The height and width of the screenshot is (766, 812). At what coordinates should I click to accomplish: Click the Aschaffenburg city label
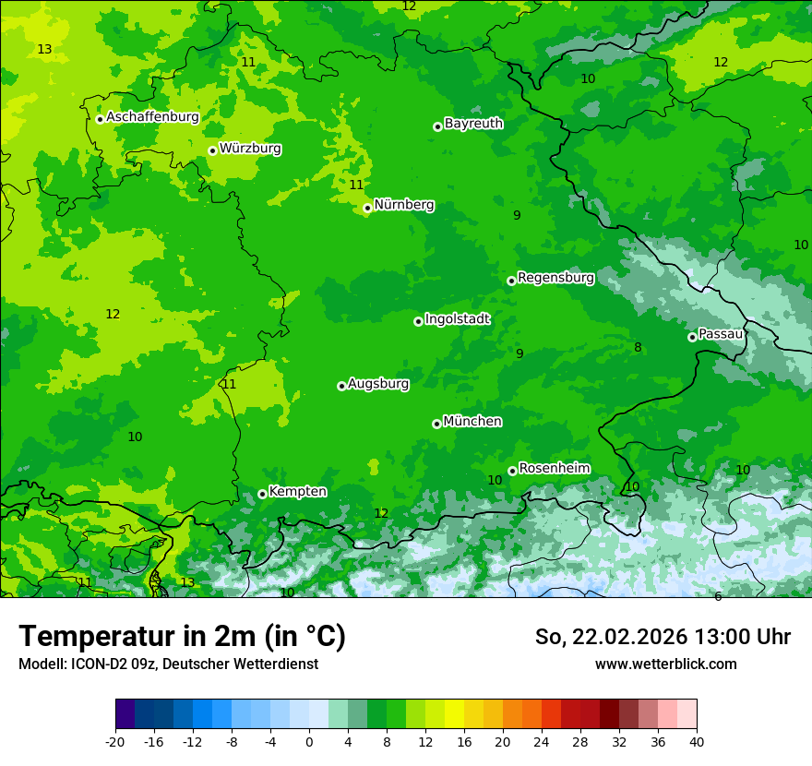(x=152, y=117)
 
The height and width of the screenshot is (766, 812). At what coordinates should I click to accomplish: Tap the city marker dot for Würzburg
(x=212, y=150)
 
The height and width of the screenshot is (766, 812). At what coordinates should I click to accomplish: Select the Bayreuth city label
(x=473, y=123)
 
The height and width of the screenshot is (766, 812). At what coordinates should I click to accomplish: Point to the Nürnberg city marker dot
(x=367, y=208)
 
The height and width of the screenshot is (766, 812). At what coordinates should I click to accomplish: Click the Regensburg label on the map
(x=555, y=277)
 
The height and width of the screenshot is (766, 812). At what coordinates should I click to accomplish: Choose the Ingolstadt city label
(x=457, y=319)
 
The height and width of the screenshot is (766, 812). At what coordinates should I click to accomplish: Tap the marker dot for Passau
(x=692, y=337)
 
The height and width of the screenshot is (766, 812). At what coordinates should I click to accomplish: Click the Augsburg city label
(x=378, y=384)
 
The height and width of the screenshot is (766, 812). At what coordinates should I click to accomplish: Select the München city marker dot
(x=436, y=424)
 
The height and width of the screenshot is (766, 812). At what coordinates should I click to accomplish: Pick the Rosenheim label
(x=554, y=468)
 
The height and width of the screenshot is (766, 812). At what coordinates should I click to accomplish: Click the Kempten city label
(x=297, y=491)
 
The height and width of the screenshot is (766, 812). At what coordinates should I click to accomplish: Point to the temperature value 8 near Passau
(x=638, y=348)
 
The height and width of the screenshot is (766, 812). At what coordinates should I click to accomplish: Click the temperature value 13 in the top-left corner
(x=44, y=49)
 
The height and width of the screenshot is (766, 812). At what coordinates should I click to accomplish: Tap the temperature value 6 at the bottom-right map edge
(x=718, y=596)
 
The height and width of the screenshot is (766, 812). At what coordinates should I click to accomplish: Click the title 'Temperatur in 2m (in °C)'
(x=182, y=637)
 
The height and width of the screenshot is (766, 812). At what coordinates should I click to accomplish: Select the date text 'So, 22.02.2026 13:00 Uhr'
(x=663, y=637)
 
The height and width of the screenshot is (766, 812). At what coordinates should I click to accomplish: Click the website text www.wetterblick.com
(x=665, y=664)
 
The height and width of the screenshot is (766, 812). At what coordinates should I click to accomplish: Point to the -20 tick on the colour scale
(x=115, y=741)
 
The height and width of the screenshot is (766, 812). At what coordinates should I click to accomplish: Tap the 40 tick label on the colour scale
(x=696, y=741)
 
